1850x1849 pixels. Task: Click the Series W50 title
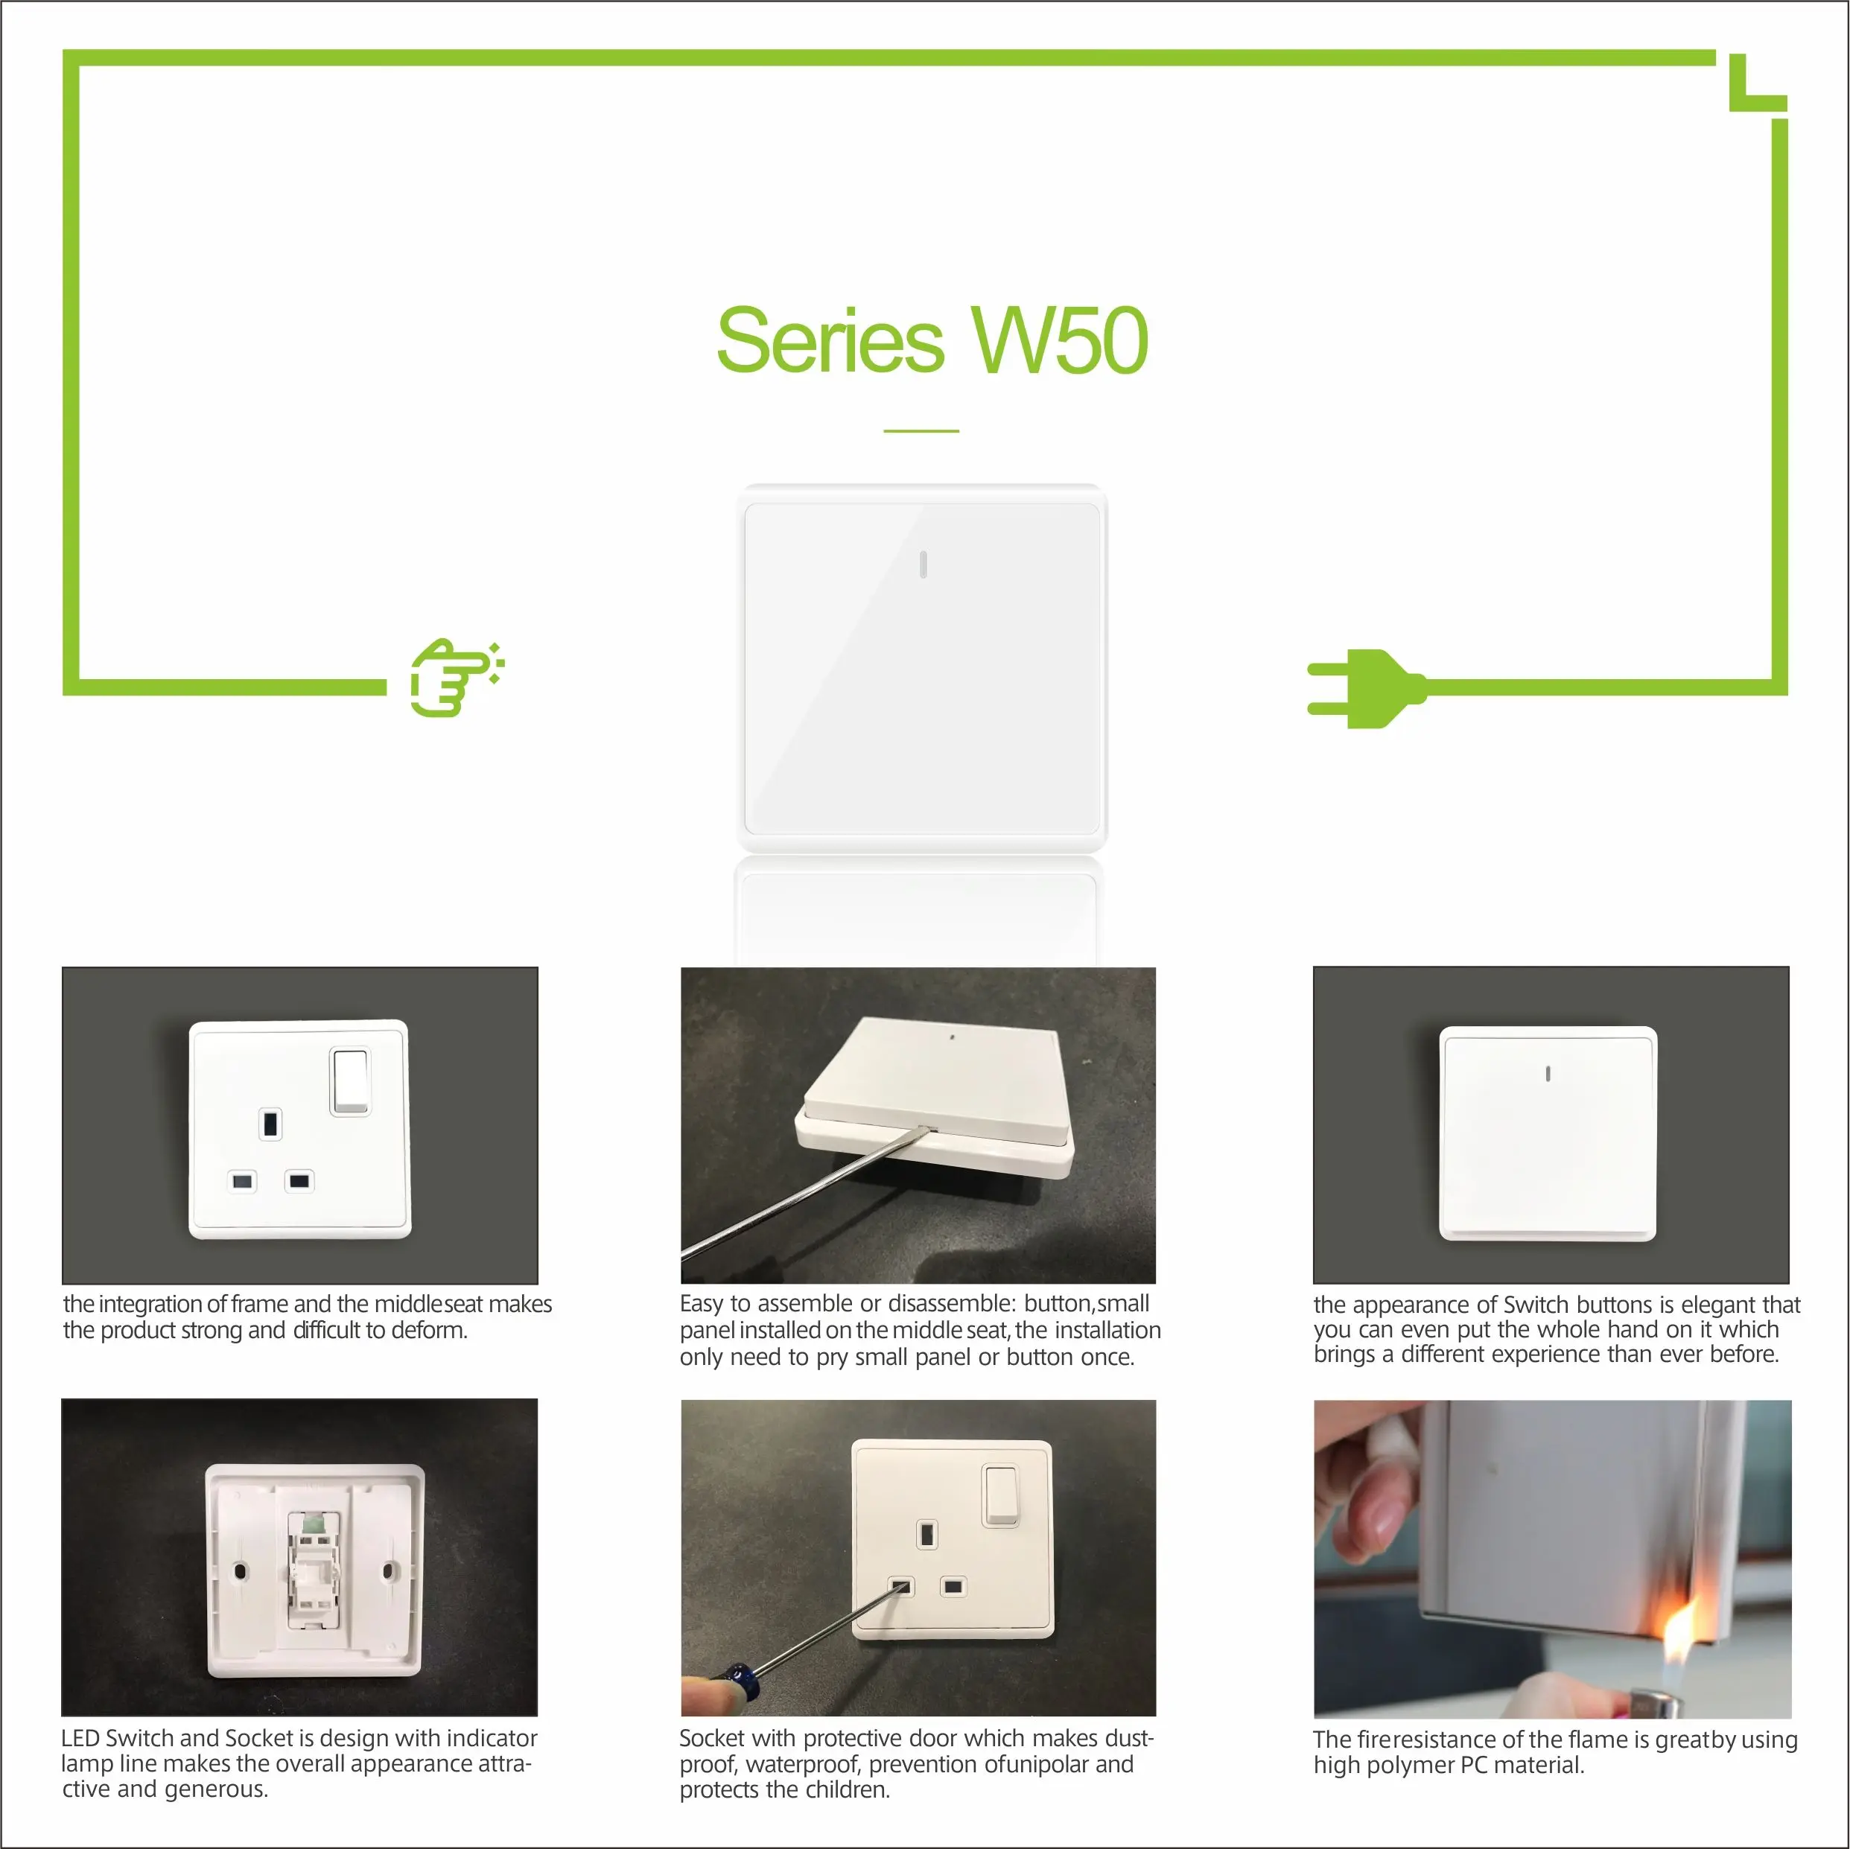point(932,341)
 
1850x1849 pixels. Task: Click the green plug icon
point(1364,689)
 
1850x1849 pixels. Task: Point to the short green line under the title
point(921,431)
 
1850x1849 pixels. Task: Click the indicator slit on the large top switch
point(922,565)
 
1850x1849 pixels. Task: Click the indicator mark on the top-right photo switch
point(1548,1075)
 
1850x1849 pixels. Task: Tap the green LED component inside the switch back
point(311,1521)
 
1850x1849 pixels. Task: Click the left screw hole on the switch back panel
point(241,1571)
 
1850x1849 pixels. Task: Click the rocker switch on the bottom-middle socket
point(1001,1494)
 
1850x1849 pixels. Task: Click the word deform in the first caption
point(433,1330)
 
